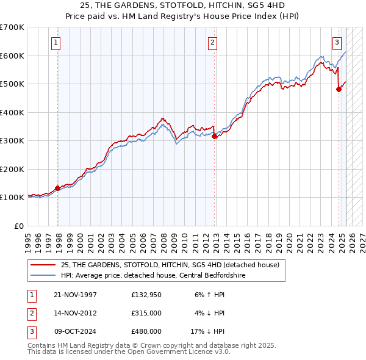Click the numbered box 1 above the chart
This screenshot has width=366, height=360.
(x=56, y=43)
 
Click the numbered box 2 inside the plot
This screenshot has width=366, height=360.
(x=212, y=43)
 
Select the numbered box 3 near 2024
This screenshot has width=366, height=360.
(x=337, y=43)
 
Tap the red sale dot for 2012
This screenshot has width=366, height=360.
(x=215, y=137)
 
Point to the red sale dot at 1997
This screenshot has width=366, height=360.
(x=58, y=188)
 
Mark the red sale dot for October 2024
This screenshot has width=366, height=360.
(x=339, y=90)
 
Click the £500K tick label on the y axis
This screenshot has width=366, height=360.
(x=12, y=84)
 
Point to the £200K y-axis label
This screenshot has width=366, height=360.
(x=12, y=169)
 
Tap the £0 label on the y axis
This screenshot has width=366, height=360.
(x=18, y=226)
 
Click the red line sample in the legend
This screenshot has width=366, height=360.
(x=44, y=265)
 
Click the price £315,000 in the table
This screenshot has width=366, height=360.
(x=146, y=313)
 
